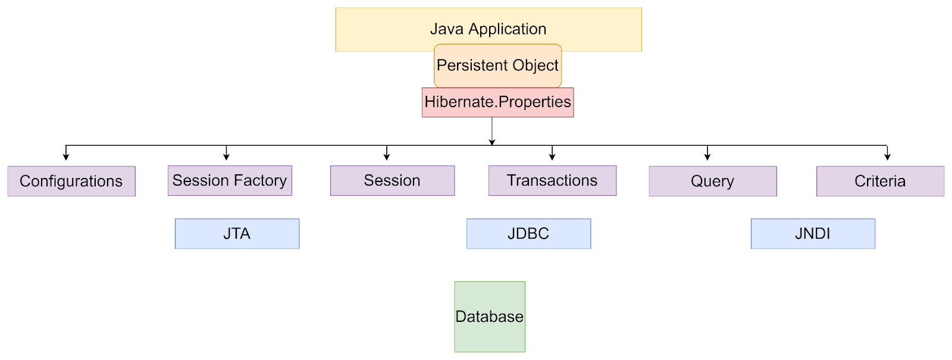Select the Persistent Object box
pos(497,65)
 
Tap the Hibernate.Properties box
pos(497,102)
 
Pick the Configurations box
pos(71,181)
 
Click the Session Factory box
pos(230,180)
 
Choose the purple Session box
pos(392,180)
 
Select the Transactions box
pos(552,180)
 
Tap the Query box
pos(712,181)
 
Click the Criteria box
pos(880,181)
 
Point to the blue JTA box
pos(237,233)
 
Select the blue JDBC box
pos(528,233)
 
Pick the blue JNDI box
pos(813,233)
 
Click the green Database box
pos(490,317)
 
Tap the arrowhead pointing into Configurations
pos(66,156)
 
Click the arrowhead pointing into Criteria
pos(887,156)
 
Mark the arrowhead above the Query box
pos(707,156)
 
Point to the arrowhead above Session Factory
pos(226,156)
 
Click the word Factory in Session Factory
pos(260,180)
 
